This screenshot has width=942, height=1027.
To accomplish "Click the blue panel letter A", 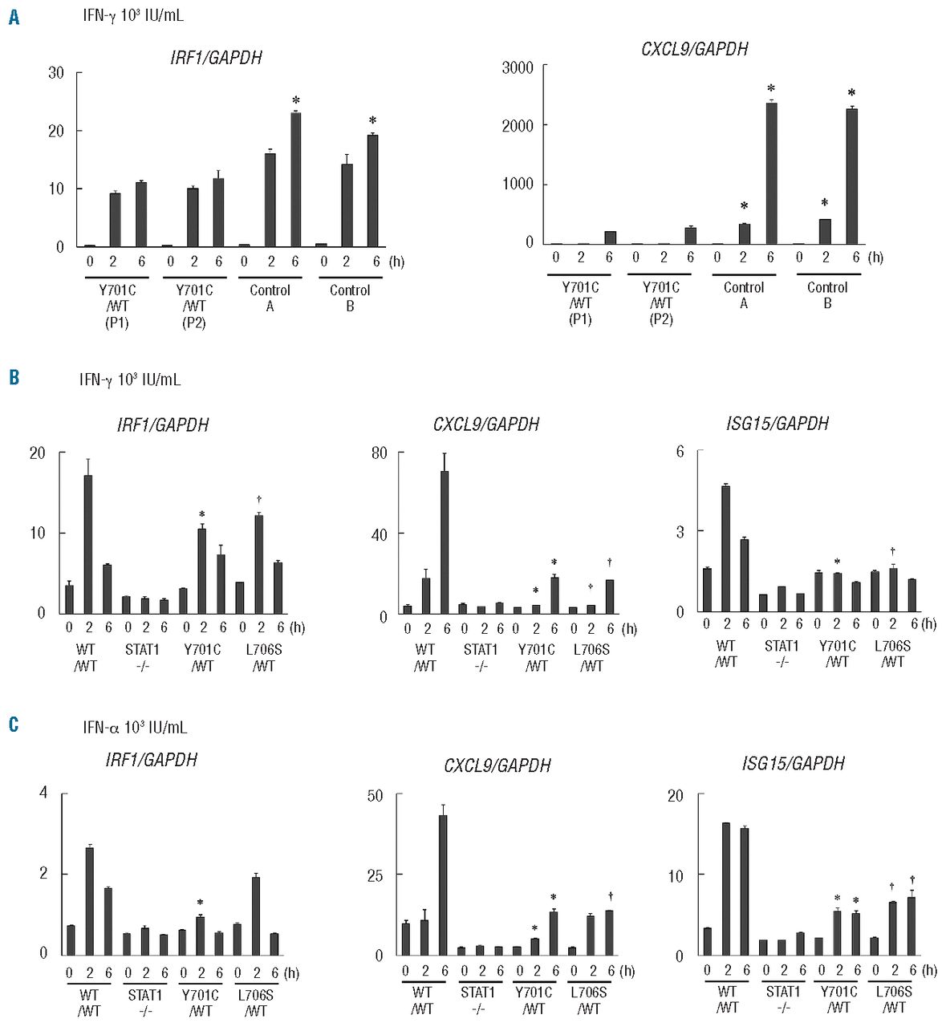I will pyautogui.click(x=14, y=17).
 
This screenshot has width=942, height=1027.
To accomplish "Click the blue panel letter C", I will pyautogui.click(x=14, y=725).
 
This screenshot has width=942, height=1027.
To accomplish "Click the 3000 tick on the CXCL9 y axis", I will pyautogui.click(x=518, y=67).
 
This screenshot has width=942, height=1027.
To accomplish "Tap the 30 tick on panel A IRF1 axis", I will pyautogui.click(x=56, y=73).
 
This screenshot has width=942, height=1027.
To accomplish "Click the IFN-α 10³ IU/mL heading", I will pyautogui.click(x=135, y=727).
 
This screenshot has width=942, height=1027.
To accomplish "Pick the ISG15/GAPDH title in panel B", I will pyautogui.click(x=777, y=424).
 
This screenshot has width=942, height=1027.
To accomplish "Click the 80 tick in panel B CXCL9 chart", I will pyautogui.click(x=379, y=453).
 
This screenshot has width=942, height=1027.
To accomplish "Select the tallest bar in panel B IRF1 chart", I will pyautogui.click(x=88, y=544).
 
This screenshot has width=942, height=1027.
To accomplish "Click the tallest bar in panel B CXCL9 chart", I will pyautogui.click(x=445, y=542).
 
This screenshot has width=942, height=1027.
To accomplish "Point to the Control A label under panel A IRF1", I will pyautogui.click(x=270, y=298).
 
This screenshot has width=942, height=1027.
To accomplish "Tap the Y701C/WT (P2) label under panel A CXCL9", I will pyautogui.click(x=661, y=303).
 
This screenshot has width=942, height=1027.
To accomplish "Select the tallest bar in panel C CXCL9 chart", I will pyautogui.click(x=442, y=884).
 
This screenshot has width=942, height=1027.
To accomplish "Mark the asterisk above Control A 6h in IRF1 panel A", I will pyautogui.click(x=295, y=101).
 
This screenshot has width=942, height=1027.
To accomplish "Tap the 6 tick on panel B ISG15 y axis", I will pyautogui.click(x=680, y=452).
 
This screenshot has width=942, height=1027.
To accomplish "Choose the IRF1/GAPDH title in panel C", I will pyautogui.click(x=151, y=760).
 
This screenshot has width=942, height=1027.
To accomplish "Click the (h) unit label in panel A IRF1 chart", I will pyautogui.click(x=396, y=262).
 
